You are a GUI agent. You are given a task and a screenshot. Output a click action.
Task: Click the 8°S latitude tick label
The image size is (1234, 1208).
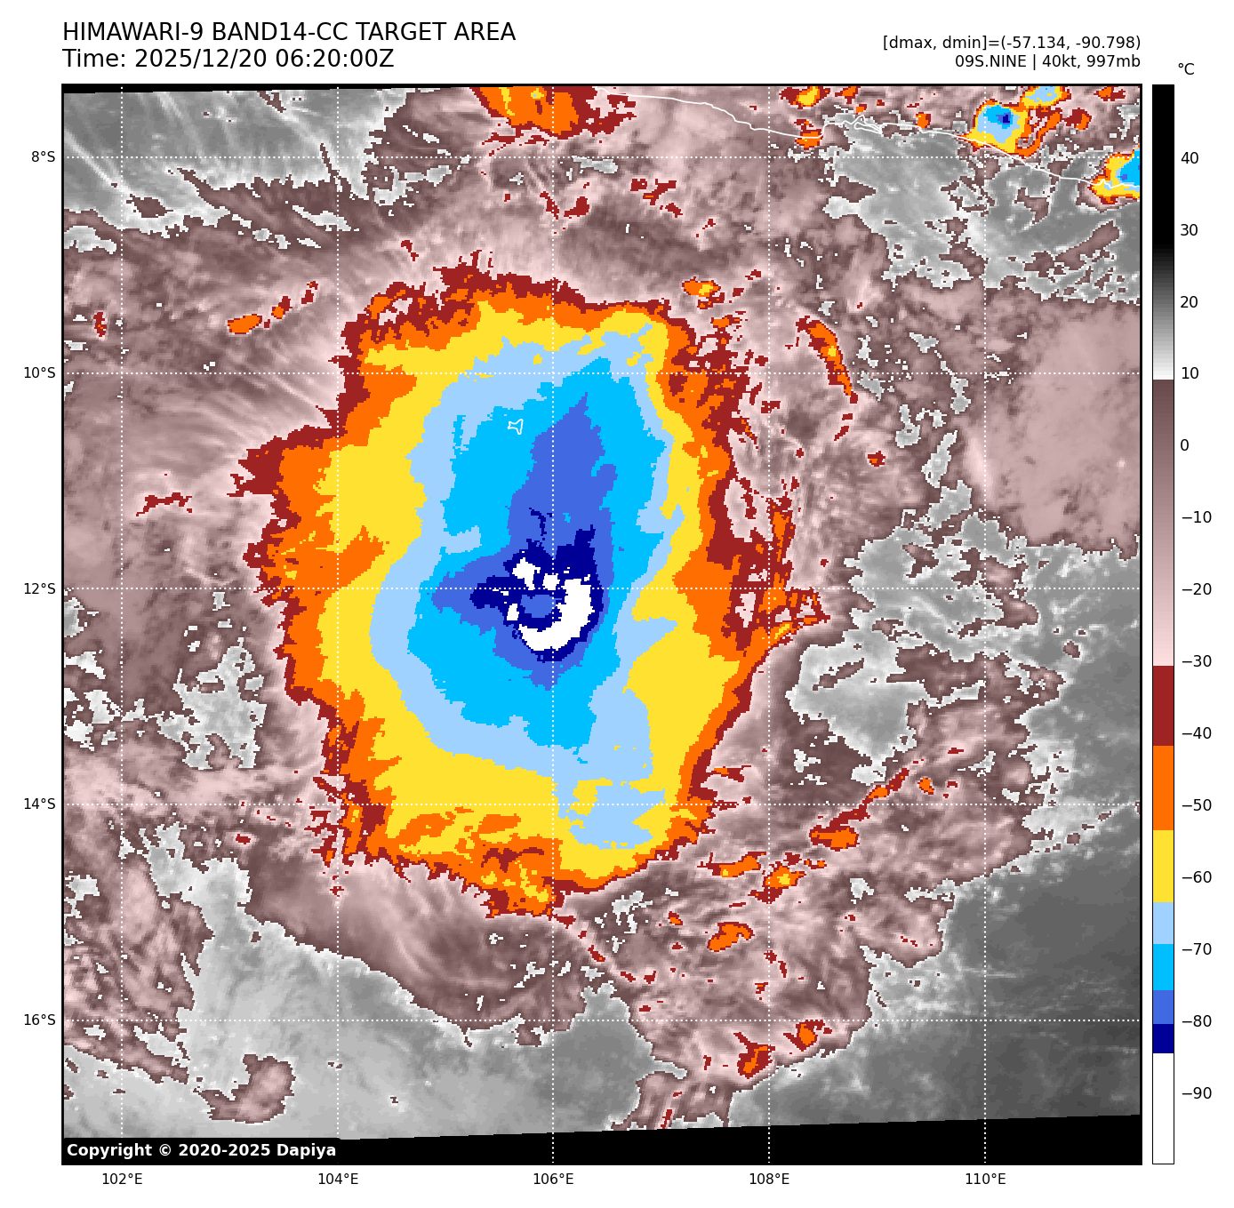(43, 157)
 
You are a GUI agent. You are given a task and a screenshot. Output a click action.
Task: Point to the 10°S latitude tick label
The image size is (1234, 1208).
(39, 373)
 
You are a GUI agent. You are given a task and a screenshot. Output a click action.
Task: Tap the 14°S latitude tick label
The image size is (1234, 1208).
(39, 804)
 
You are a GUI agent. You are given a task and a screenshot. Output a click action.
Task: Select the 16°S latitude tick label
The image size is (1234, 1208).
(39, 1020)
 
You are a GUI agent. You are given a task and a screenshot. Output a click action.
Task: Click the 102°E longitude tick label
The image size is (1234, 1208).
(123, 1180)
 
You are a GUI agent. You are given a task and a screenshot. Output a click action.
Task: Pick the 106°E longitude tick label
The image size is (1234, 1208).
(553, 1180)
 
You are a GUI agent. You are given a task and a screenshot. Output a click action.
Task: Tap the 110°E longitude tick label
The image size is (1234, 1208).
(985, 1180)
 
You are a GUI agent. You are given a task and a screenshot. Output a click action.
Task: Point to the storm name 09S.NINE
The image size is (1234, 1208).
(990, 61)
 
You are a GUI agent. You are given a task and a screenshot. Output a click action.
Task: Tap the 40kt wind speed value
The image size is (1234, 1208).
(1059, 61)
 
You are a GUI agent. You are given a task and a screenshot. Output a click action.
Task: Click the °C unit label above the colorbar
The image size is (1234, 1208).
(1185, 69)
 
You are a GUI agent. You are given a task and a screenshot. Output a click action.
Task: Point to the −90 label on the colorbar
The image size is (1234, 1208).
(1196, 1093)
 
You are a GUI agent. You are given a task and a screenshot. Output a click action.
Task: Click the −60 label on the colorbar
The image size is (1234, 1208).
(1196, 877)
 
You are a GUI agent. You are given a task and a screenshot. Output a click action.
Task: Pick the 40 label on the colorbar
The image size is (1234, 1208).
(1189, 158)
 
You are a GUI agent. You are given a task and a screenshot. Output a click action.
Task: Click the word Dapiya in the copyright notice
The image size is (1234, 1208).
(306, 1150)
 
